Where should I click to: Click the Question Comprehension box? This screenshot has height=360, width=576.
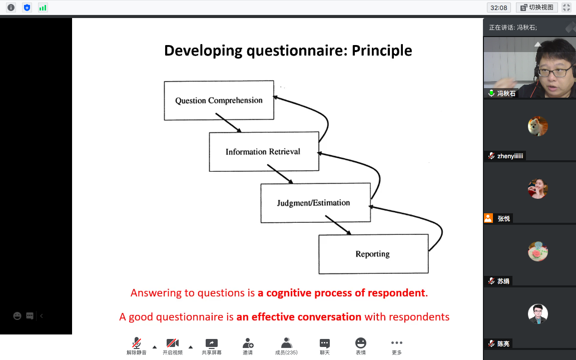[x=219, y=101]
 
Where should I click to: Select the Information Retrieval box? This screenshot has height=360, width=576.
[x=263, y=152]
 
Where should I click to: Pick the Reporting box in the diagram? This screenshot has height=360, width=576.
[x=373, y=254]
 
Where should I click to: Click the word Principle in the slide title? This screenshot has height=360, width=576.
[x=382, y=51]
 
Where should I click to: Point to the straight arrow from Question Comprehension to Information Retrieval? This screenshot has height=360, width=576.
[x=228, y=123]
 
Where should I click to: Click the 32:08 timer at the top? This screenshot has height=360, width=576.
[x=498, y=8]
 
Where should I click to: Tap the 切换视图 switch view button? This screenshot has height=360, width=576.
[x=537, y=8]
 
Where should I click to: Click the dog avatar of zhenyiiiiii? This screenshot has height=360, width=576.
[x=537, y=126]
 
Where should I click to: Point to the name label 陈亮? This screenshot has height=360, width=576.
[x=504, y=344]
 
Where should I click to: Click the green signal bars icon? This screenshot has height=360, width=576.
[x=43, y=8]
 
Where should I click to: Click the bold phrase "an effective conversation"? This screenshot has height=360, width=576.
[x=299, y=317]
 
